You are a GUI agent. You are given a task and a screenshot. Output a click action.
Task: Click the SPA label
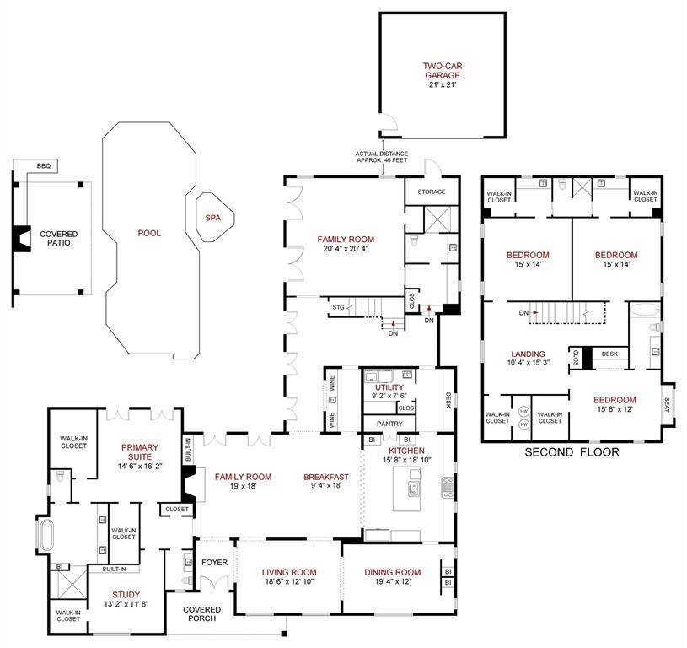(213, 218)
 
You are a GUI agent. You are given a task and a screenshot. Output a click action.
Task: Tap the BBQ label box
(44, 166)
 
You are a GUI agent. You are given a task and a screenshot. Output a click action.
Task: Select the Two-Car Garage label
(443, 71)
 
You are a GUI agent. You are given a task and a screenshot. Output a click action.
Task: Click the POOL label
(149, 233)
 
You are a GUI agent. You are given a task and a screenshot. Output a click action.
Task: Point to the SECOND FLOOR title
(572, 452)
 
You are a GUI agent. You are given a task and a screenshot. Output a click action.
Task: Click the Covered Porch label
(202, 613)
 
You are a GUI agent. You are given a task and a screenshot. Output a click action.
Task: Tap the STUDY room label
(126, 595)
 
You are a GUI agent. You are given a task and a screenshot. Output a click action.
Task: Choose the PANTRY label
(389, 424)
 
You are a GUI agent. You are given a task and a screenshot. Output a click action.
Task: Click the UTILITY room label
(389, 387)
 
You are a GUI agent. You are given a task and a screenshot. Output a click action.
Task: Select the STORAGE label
(432, 192)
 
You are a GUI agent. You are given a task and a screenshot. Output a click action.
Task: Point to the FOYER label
(215, 563)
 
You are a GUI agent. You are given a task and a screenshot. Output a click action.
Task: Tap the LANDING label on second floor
(529, 354)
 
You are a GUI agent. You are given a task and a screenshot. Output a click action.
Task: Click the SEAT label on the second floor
(667, 405)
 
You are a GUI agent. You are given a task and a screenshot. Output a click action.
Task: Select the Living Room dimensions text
(289, 582)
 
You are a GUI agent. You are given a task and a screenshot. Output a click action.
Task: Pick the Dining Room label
(393, 572)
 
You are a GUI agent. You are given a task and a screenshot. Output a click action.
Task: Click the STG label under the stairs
(338, 307)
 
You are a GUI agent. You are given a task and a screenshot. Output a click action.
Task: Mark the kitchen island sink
(413, 489)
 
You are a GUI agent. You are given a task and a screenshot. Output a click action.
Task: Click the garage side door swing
(389, 121)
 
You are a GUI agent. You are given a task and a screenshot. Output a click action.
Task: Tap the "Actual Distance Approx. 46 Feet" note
(382, 157)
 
